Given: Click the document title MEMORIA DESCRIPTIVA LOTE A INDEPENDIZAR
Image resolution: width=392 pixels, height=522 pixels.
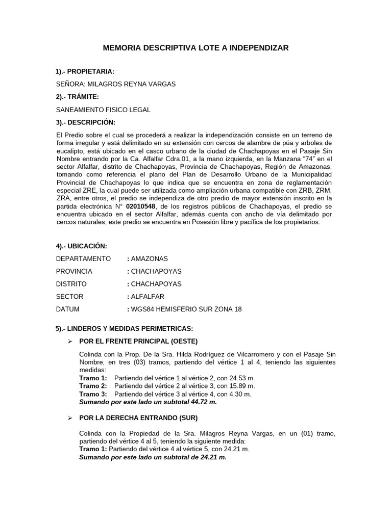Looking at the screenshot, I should pyautogui.click(x=195, y=48).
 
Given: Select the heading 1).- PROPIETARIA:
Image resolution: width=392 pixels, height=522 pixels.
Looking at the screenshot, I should pyautogui.click(x=85, y=71).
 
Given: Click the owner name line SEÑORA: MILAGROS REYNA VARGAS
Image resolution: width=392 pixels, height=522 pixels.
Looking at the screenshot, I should pyautogui.click(x=115, y=84).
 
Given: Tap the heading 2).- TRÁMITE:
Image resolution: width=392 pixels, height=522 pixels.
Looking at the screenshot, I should pyautogui.click(x=78, y=97).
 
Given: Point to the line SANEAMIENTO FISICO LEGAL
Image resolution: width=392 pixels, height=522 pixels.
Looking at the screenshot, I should pyautogui.click(x=103, y=110).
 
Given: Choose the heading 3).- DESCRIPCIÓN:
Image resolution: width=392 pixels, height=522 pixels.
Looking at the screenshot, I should pyautogui.click(x=86, y=122).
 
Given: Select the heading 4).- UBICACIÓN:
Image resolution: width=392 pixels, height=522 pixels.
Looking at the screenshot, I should pyautogui.click(x=82, y=246).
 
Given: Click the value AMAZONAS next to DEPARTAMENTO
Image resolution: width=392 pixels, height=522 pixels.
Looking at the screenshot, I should pyautogui.click(x=150, y=259).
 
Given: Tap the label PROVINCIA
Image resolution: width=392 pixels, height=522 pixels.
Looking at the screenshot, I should pyautogui.click(x=75, y=271).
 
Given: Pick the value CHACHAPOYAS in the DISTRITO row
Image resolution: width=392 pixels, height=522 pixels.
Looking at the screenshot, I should pyautogui.click(x=156, y=284).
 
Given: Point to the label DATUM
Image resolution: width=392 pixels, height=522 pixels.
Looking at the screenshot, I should pyautogui.click(x=68, y=309).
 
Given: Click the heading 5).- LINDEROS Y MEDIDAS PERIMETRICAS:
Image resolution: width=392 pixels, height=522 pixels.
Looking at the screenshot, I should pyautogui.click(x=124, y=328).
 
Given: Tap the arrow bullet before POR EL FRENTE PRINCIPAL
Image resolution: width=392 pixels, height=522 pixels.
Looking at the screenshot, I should pyautogui.click(x=71, y=341).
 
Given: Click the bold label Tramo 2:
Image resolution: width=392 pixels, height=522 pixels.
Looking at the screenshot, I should pyautogui.click(x=93, y=386).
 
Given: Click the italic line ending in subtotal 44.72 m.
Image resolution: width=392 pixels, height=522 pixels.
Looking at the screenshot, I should pyautogui.click(x=148, y=402).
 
